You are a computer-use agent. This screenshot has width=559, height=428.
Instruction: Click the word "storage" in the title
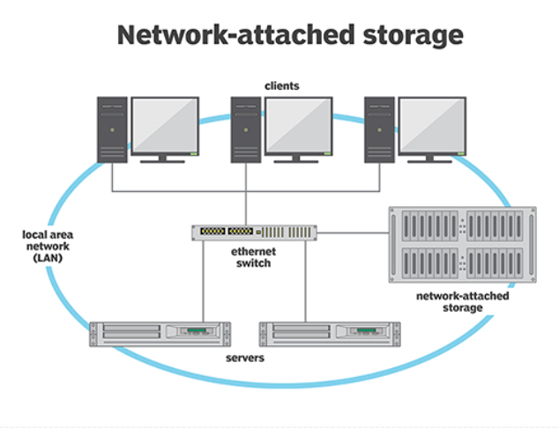click(413, 36)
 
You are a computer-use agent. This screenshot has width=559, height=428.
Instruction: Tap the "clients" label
click(281, 85)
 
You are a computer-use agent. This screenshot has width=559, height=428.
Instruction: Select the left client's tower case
click(112, 129)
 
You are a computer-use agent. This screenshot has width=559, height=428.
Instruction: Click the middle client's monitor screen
click(298, 125)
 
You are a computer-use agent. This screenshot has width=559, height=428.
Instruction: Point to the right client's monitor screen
click(432, 125)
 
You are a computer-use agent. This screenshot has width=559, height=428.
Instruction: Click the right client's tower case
click(379, 129)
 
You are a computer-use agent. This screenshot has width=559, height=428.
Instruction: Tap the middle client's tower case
click(246, 129)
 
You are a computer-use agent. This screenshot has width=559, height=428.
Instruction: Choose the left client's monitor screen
click(165, 125)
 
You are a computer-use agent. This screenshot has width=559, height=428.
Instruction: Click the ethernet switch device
click(254, 232)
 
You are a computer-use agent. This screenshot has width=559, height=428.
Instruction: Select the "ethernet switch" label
click(253, 257)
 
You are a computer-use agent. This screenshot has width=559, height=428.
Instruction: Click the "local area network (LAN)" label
click(48, 246)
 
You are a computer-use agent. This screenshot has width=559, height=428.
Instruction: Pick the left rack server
click(160, 334)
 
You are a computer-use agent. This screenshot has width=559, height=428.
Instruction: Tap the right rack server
click(330, 334)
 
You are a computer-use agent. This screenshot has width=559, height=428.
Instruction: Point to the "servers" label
click(245, 358)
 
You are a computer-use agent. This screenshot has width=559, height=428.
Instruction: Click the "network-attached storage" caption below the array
click(462, 301)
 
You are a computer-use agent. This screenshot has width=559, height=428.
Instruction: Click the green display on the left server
click(197, 330)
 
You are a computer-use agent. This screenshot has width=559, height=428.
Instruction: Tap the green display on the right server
click(367, 330)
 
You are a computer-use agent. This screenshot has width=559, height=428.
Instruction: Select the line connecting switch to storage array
click(353, 233)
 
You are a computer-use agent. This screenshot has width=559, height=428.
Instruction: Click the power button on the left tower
click(112, 130)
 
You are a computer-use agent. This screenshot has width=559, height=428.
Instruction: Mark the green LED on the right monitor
click(461, 153)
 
